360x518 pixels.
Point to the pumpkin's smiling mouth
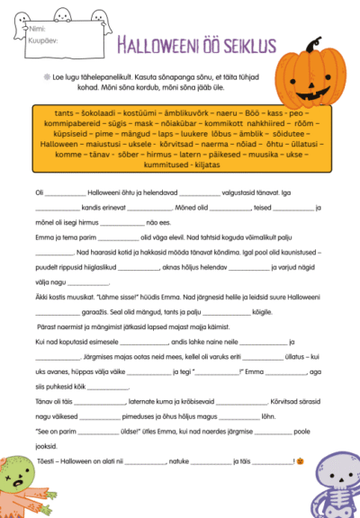(x=311, y=91)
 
